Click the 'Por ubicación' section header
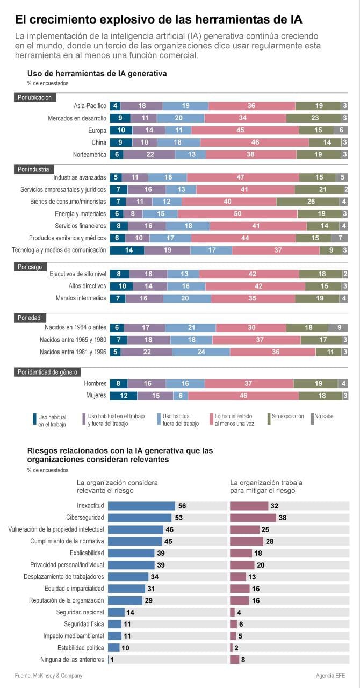35,97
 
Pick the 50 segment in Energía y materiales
237,214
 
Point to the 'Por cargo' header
30,267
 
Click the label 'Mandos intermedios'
81,298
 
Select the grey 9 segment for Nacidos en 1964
338,327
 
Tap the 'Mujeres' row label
95,396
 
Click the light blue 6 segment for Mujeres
181,396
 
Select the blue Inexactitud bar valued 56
141,506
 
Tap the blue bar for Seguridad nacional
116,612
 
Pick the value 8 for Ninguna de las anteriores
243,660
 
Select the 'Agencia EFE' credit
330,676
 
